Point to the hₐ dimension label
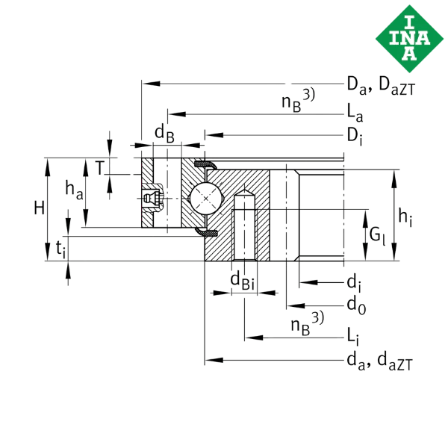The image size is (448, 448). coord(74,191)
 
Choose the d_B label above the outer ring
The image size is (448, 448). coord(164,134)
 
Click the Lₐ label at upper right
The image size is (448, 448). coord(355,114)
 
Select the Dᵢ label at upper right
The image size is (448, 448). coord(354,135)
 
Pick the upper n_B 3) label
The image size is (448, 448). coord(298,100)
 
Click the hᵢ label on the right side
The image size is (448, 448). coord(405,217)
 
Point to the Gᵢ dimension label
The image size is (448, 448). coord(378,237)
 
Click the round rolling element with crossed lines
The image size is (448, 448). coord(203,200)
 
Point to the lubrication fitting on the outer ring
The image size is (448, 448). coord(152,197)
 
